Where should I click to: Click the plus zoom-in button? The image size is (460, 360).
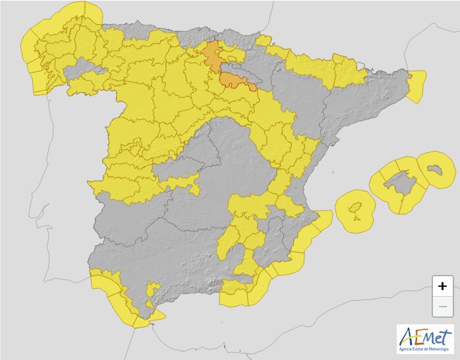[x=442, y=285]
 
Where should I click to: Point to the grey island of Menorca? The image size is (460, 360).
[x=434, y=169]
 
